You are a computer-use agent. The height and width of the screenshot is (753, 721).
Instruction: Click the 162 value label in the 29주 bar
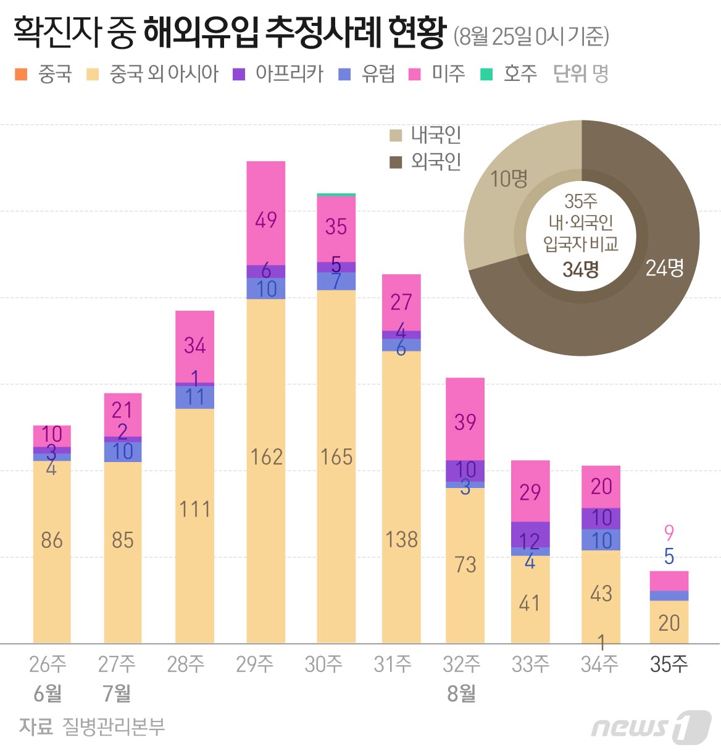tap(266, 457)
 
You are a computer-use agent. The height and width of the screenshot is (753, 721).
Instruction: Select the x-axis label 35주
tap(669, 664)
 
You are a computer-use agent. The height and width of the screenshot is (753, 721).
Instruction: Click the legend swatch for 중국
tap(21, 75)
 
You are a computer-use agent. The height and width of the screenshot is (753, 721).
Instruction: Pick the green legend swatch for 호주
tap(486, 75)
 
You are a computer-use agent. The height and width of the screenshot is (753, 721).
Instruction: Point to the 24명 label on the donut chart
tap(664, 267)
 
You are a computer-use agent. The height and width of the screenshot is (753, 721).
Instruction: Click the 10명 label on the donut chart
tap(509, 179)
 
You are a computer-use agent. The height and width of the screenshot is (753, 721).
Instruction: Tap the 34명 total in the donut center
tap(580, 269)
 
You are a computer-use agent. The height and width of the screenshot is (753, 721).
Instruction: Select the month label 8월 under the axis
tap(461, 694)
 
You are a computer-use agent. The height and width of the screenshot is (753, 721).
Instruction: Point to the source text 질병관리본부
tap(114, 726)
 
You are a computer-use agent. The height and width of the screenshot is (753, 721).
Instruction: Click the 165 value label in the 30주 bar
tap(336, 457)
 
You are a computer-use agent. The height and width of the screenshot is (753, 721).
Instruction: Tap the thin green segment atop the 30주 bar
tap(336, 195)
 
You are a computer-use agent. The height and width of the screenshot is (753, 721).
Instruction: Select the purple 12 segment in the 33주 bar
tap(530, 534)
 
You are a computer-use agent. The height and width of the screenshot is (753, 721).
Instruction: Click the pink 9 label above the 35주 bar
tap(669, 532)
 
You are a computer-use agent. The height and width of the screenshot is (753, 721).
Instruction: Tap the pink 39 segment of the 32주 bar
tap(465, 419)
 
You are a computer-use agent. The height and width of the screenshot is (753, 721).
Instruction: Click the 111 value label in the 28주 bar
tap(194, 510)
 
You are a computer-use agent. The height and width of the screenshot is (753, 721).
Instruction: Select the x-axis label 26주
tap(48, 664)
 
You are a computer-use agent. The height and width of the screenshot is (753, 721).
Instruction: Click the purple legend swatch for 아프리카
tap(239, 75)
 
